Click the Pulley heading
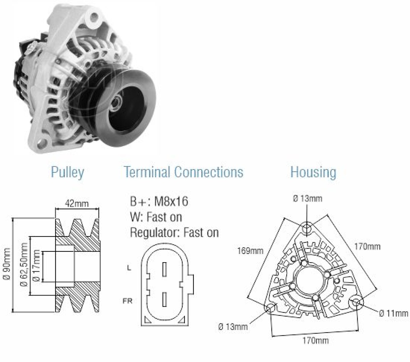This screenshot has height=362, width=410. point(67,172)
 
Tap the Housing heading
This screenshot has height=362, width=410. point(313,172)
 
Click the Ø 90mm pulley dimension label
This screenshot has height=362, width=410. point(7,264)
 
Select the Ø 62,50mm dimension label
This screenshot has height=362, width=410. point(24,264)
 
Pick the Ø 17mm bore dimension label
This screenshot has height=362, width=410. point(37,266)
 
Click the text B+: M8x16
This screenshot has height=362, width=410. point(159,202)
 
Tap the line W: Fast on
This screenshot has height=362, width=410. point(156,217)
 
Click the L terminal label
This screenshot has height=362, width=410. point(129,268)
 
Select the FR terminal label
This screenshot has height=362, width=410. point(127,301)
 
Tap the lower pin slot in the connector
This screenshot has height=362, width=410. point(165,299)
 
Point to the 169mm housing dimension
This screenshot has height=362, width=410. point(250,251)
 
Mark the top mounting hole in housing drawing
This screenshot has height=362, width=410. point(307,228)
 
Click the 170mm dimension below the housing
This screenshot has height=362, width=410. point(316,341)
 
